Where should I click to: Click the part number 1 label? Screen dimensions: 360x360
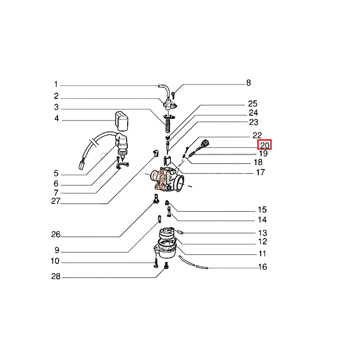[56, 84]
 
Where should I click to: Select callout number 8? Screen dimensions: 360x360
[249, 83]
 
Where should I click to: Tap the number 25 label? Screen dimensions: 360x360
[252, 104]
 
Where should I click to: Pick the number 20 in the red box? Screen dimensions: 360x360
[264, 145]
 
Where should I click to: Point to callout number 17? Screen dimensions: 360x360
[260, 172]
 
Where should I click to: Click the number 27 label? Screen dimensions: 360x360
[56, 201]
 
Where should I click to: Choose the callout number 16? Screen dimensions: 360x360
[263, 266]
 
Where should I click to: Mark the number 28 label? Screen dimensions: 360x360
[56, 276]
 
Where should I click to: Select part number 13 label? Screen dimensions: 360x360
[263, 233]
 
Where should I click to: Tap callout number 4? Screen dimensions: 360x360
[57, 118]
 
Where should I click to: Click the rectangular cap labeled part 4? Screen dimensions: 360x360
[121, 121]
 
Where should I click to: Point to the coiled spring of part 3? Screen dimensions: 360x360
[168, 125]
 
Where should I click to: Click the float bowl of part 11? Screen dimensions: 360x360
[166, 250]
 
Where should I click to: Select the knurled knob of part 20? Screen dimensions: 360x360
[205, 143]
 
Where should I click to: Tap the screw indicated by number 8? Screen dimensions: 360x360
[173, 94]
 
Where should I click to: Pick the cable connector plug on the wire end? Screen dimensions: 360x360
[82, 165]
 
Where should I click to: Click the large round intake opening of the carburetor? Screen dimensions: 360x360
[180, 183]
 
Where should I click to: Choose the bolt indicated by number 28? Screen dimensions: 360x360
[166, 266]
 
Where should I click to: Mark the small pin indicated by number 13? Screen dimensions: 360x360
[180, 232]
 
